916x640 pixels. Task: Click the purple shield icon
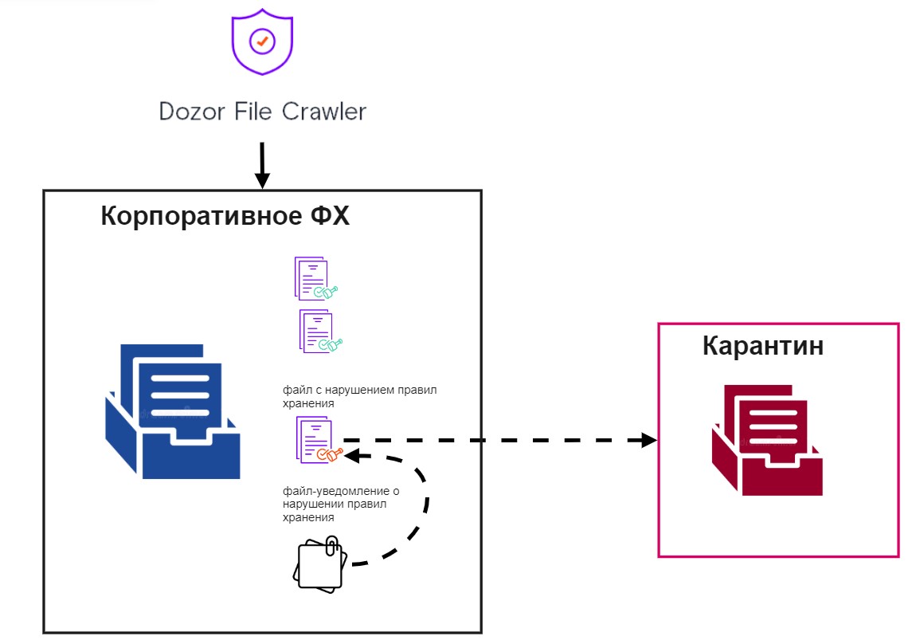click(262, 43)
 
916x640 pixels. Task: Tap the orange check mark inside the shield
click(262, 39)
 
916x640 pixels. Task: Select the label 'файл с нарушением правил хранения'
click(359, 397)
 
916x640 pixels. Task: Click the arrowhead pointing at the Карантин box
click(649, 440)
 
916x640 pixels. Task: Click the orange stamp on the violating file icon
click(329, 454)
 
